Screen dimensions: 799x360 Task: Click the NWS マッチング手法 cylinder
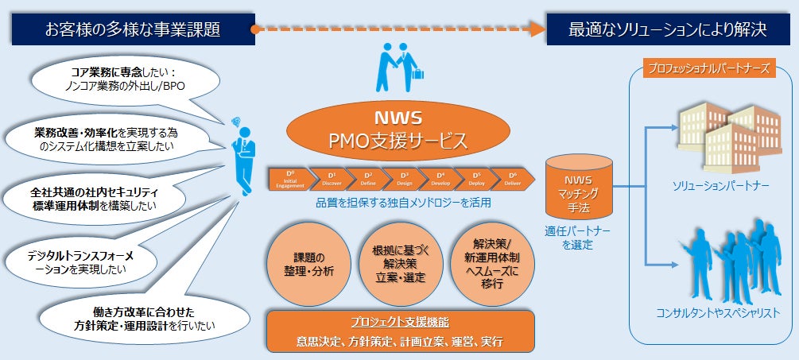click(x=579, y=191)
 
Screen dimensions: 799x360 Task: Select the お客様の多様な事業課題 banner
click(x=133, y=30)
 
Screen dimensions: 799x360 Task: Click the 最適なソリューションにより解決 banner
click(x=667, y=30)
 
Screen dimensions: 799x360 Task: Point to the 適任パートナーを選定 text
click(x=580, y=238)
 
